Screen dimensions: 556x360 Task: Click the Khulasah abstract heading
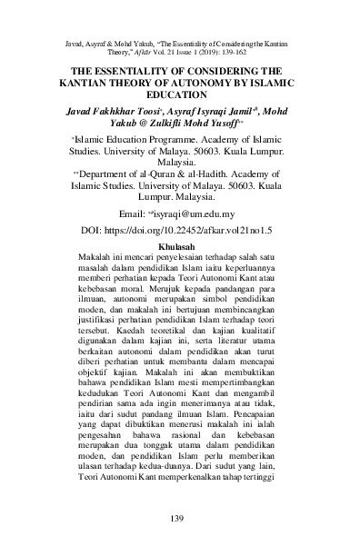[179, 246]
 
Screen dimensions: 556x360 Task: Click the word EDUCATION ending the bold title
[179, 93]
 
